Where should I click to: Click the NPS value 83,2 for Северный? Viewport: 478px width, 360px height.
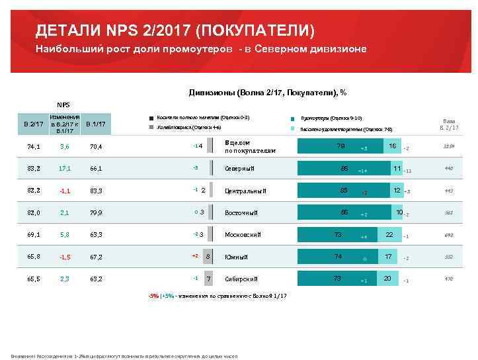(35, 169)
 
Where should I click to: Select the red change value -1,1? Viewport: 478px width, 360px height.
(64, 191)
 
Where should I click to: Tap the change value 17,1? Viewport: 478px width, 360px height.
(64, 169)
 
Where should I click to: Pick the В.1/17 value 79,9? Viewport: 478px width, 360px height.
(95, 212)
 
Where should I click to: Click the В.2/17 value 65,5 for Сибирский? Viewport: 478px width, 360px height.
(35, 279)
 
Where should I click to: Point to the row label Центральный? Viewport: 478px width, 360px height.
(245, 191)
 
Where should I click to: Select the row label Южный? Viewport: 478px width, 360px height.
(237, 257)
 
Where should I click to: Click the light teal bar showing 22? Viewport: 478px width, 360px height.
(389, 235)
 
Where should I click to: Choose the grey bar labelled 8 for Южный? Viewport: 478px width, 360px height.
(208, 257)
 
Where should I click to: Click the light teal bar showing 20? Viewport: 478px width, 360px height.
(387, 279)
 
